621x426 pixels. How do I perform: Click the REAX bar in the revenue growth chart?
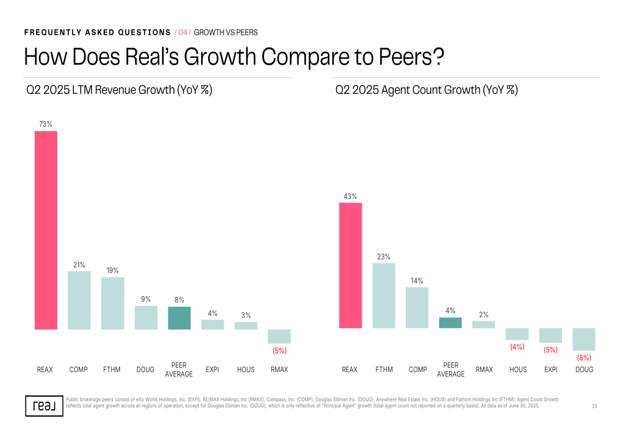point(45,230)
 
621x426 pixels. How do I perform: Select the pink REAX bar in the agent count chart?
point(350,266)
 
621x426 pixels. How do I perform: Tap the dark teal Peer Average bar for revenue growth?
point(179,318)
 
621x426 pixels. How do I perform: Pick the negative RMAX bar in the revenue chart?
point(279,336)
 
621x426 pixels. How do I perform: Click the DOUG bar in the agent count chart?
point(584,340)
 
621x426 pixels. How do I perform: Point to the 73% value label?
point(45,124)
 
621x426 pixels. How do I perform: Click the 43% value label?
point(350,197)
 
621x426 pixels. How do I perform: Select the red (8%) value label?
point(584,358)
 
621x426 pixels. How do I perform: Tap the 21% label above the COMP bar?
point(79,265)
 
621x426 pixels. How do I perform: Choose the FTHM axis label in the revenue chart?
point(112,369)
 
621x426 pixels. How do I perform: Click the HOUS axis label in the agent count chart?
point(518,369)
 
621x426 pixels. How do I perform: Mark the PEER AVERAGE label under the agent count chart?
point(451,369)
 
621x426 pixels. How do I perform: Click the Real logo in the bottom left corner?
point(44,405)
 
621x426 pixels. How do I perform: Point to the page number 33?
point(594,406)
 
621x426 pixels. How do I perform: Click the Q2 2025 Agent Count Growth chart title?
point(426,90)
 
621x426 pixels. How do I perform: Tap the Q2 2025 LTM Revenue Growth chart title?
point(119,90)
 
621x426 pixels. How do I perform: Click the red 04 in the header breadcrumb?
point(183,32)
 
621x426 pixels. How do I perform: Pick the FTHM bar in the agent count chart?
point(384,295)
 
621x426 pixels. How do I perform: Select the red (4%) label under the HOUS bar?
point(517,347)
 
